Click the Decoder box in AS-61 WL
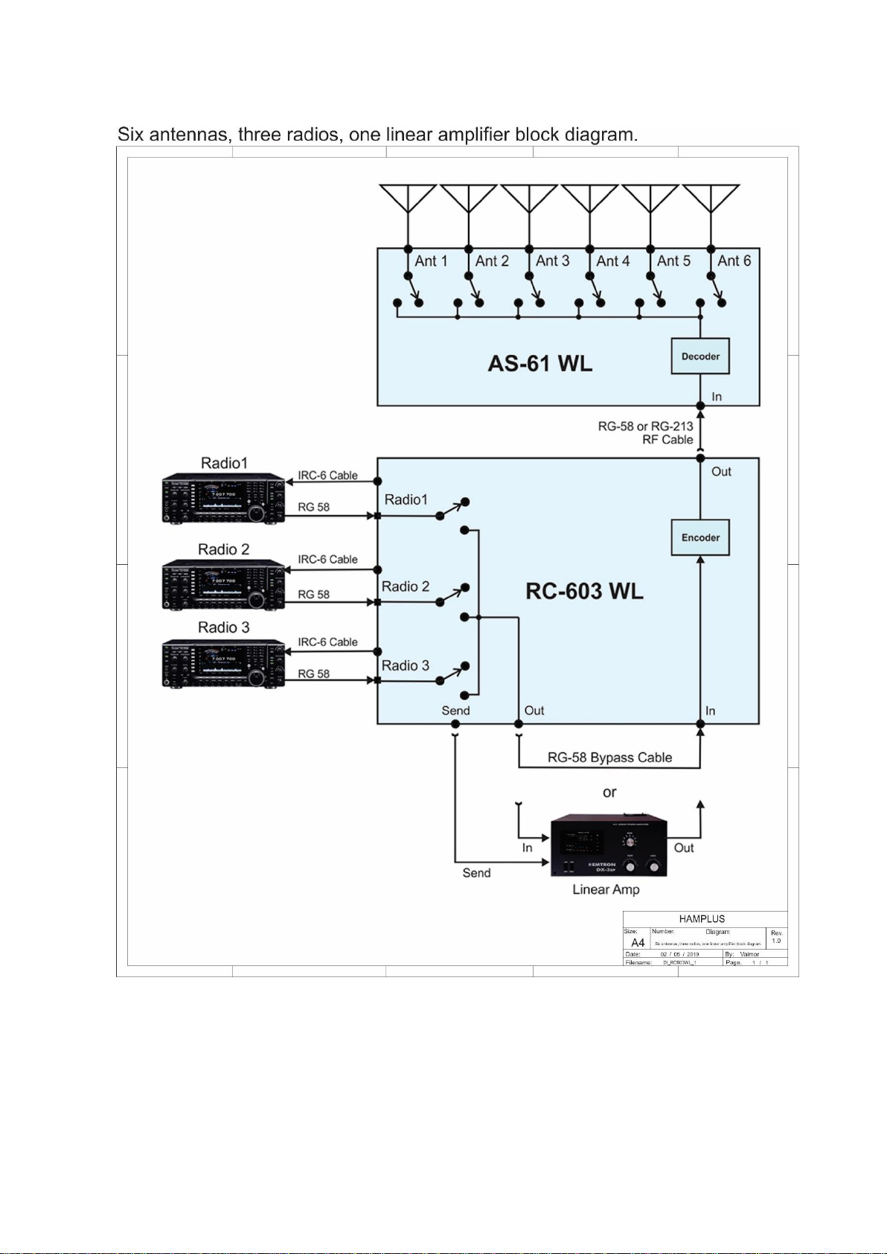[700, 356]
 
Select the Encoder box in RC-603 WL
[700, 537]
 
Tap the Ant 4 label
[612, 261]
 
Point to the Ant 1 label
[431, 261]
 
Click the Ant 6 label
[734, 261]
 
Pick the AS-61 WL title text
[539, 364]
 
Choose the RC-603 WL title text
[584, 592]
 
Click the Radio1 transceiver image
[223, 498]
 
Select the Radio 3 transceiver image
[223, 663]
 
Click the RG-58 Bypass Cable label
[609, 758]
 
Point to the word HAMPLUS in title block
[702, 919]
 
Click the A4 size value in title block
[638, 943]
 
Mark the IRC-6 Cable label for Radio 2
[327, 560]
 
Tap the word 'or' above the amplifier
[609, 793]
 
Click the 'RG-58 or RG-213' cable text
[645, 426]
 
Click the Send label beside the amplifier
[476, 873]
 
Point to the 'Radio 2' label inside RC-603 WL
[406, 586]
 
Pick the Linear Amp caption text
[606, 889]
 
